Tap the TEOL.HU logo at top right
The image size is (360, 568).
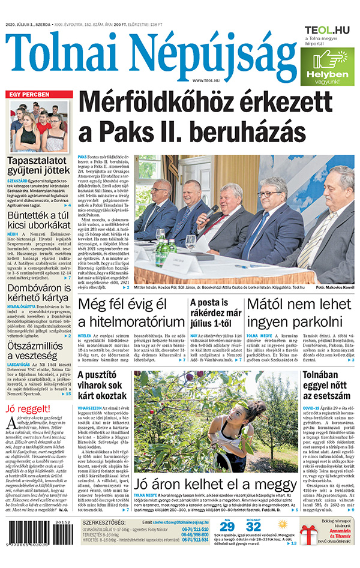click(x=327, y=29)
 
